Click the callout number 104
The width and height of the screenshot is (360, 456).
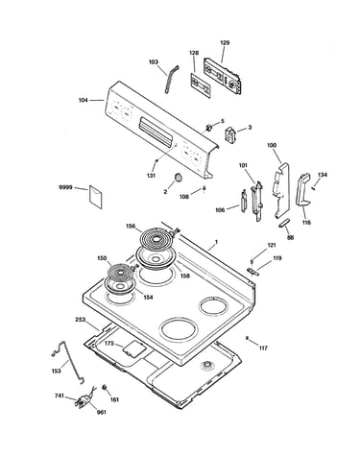pos(84,100)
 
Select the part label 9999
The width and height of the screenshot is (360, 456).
pos(65,187)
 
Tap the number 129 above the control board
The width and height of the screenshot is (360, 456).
pos(225,42)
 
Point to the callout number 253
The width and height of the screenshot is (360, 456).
pos(81,320)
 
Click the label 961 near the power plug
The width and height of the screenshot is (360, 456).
pos(101,412)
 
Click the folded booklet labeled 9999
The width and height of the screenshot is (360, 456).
pos(96,196)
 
